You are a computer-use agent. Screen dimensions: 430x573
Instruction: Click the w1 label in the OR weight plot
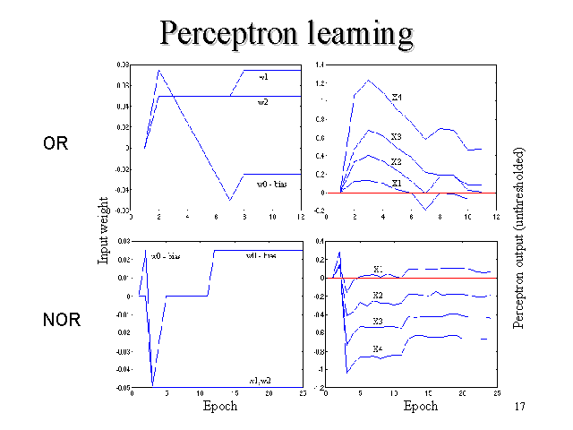coord(264,79)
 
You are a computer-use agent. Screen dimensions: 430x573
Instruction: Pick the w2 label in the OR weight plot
coord(264,102)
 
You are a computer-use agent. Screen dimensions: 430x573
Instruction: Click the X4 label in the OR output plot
coord(397,97)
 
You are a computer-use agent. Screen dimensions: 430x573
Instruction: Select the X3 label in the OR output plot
coord(396,137)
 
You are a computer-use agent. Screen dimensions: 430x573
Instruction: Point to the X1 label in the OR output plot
coord(396,183)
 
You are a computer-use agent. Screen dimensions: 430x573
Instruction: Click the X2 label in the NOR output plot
coord(378,295)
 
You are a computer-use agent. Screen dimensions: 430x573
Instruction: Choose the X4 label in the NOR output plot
coord(378,348)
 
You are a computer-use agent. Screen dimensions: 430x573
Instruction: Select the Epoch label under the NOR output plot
coord(420,406)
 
